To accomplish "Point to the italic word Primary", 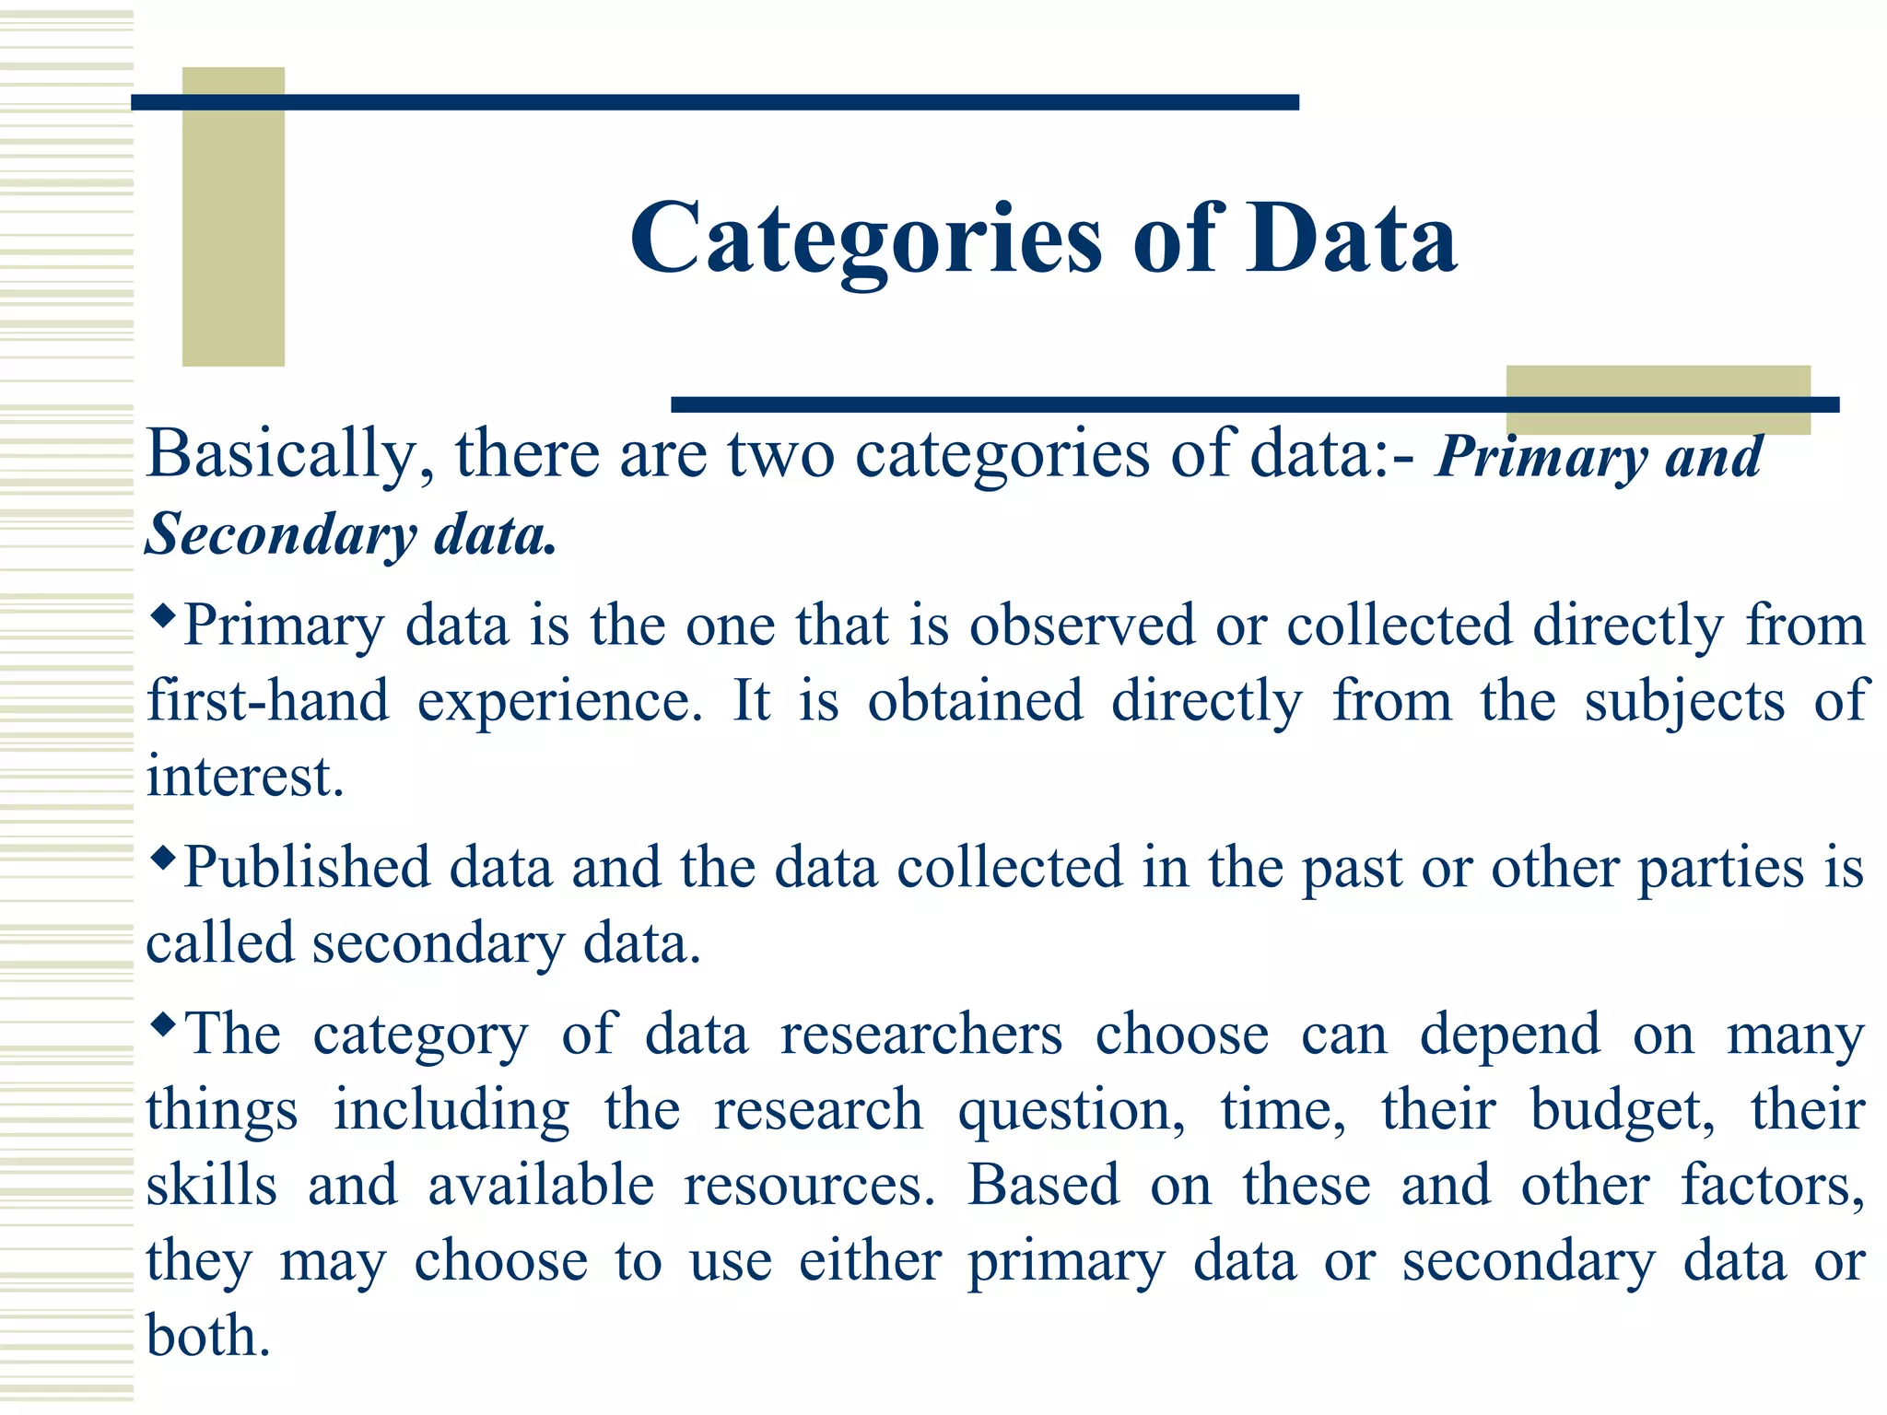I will click(1541, 456).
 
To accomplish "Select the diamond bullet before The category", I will click(162, 1023).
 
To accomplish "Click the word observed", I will click(1082, 626).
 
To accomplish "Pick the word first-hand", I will click(268, 701).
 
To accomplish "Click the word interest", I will click(245, 777).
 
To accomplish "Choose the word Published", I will click(307, 869).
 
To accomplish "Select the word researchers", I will click(920, 1035).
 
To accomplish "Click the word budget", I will click(1622, 1111).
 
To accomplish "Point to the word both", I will click(208, 1336).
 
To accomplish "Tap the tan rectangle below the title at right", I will click(1658, 382).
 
